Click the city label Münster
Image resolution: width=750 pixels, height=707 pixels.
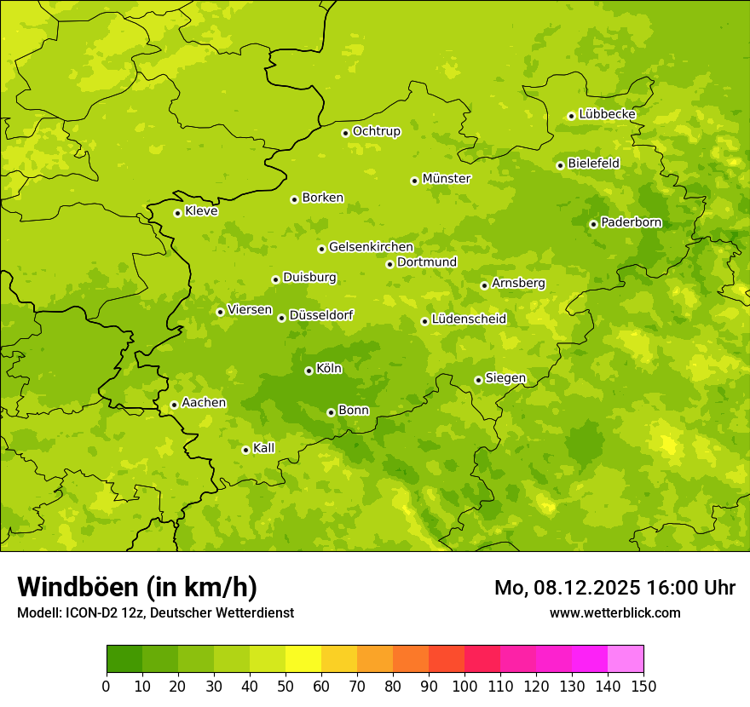pyautogui.click(x=447, y=179)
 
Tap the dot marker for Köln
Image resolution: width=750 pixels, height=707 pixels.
pyautogui.click(x=309, y=371)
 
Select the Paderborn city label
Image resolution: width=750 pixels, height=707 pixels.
pyautogui.click(x=631, y=222)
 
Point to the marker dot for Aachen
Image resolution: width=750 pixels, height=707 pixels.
pyautogui.click(x=174, y=405)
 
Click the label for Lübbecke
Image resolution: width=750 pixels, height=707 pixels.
pyautogui.click(x=607, y=114)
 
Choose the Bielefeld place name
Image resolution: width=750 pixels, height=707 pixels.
pyautogui.click(x=593, y=163)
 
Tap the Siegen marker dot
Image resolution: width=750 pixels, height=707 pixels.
pyautogui.click(x=478, y=380)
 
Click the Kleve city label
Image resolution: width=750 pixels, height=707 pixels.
pyautogui.click(x=201, y=211)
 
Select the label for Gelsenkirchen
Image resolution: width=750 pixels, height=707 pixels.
pyautogui.click(x=371, y=247)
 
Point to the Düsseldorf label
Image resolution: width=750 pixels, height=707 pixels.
pyautogui.click(x=321, y=315)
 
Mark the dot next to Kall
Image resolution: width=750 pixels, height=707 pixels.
pyautogui.click(x=245, y=450)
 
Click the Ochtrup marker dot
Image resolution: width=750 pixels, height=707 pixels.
pyautogui.click(x=345, y=132)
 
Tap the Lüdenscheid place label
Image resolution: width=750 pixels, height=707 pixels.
pyautogui.click(x=469, y=319)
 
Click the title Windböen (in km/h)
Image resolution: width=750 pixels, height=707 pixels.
pyautogui.click(x=137, y=587)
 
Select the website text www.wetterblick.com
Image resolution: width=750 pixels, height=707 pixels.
pyautogui.click(x=614, y=612)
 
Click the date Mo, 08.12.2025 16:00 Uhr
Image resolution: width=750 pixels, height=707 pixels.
pyautogui.click(x=614, y=588)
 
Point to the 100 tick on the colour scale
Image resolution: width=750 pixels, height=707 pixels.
pyautogui.click(x=464, y=686)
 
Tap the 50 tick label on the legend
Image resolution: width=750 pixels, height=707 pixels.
pyautogui.click(x=286, y=686)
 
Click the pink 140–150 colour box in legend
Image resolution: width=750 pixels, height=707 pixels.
pyautogui.click(x=626, y=659)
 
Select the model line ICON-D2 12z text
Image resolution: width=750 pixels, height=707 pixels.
pyautogui.click(x=155, y=612)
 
